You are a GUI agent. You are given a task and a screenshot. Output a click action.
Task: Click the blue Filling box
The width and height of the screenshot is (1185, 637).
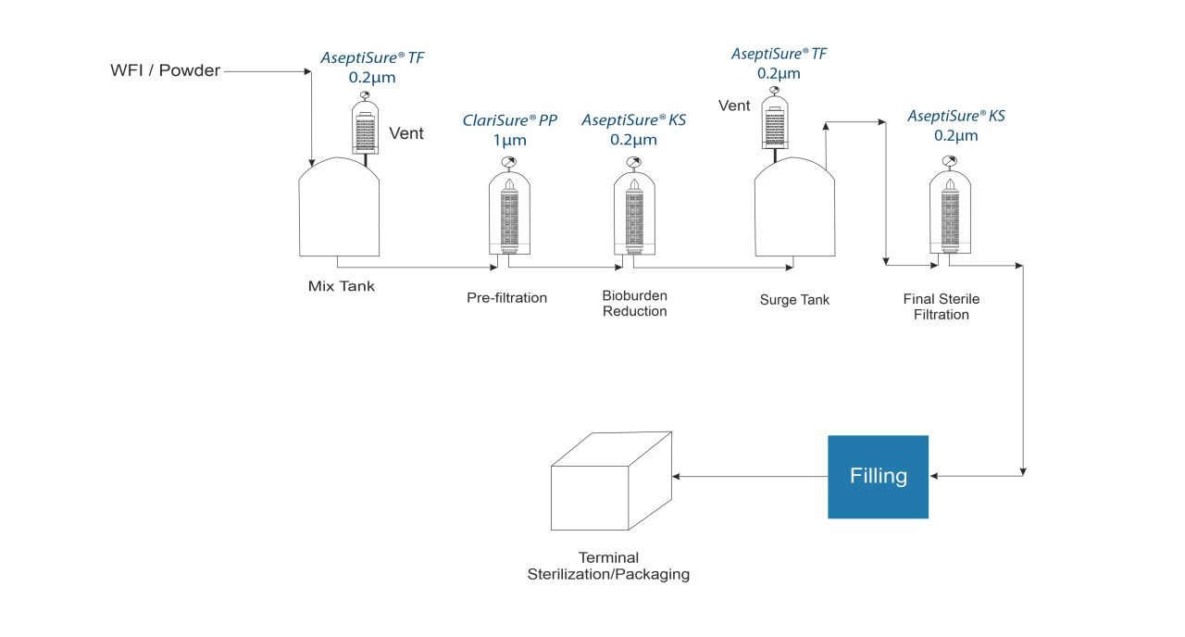[878, 476]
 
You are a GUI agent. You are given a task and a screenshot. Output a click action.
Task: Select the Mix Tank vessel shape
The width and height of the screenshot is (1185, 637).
[339, 207]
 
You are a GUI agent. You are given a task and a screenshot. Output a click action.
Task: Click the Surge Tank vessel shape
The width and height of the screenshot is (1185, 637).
[795, 207]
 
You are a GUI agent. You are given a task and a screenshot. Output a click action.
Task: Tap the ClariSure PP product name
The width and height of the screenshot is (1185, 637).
[510, 120]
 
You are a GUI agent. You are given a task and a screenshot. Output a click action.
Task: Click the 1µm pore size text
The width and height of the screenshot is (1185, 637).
[508, 141]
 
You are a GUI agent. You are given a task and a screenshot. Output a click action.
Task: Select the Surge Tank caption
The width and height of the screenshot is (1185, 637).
[794, 299]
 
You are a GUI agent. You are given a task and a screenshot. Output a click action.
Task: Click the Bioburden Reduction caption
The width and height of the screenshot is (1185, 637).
[634, 303]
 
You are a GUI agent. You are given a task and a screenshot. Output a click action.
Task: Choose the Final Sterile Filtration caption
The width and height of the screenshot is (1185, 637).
[941, 306]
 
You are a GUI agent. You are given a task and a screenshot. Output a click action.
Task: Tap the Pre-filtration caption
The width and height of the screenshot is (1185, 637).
[506, 298]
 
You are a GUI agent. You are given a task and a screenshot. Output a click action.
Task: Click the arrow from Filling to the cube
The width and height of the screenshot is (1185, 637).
[750, 477]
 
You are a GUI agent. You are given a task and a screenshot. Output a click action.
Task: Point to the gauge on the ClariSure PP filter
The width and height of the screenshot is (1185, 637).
[507, 162]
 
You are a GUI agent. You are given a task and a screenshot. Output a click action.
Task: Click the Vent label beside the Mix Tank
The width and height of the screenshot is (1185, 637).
[405, 133]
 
